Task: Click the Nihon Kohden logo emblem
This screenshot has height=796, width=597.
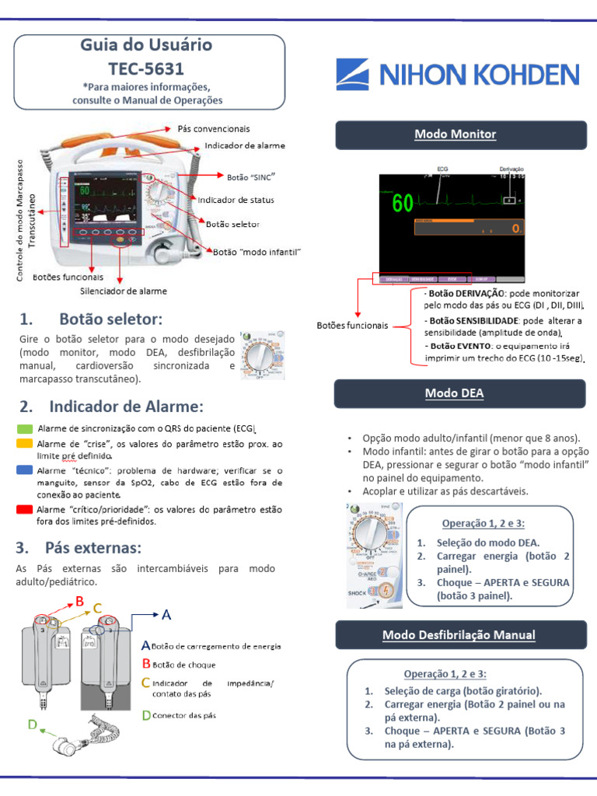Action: (x=355, y=75)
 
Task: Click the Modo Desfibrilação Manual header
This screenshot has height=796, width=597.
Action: (x=459, y=635)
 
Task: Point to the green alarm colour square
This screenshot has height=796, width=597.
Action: (x=24, y=428)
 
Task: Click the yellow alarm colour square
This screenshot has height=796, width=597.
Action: (x=24, y=443)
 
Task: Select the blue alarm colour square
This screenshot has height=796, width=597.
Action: (x=24, y=470)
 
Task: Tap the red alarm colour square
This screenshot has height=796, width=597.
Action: (x=24, y=509)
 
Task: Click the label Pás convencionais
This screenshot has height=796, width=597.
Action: (x=214, y=128)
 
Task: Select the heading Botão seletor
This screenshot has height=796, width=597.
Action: (x=110, y=319)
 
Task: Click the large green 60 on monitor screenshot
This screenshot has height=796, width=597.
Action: (x=403, y=204)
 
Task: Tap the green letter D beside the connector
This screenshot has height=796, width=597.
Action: (x=32, y=724)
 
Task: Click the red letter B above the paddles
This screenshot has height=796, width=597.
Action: (x=79, y=600)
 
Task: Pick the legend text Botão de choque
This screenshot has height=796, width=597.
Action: (x=184, y=665)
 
